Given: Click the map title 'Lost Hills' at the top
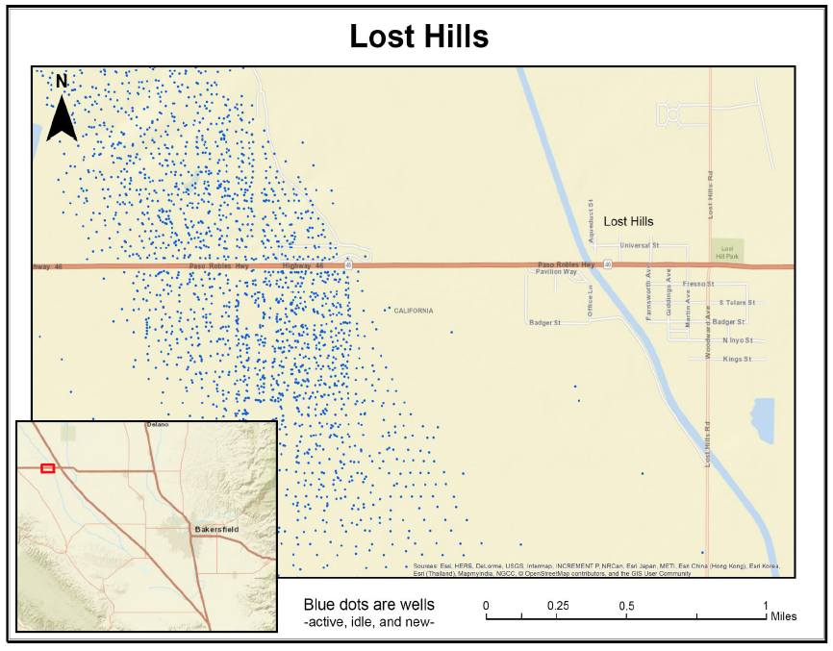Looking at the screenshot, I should coord(417,37).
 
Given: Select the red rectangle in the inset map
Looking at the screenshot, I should coord(48,468).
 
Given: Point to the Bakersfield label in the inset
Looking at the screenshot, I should coord(215,529).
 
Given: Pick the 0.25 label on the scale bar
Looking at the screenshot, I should coord(558,605).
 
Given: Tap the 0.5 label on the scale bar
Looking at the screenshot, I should coord(626,605).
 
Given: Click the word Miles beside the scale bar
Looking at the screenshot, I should coord(783,616).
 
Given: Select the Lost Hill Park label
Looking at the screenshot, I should coord(728,251).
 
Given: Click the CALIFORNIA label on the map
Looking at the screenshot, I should coord(414,311).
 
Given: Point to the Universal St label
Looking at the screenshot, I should coord(639,245).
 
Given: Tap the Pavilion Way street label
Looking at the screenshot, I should coord(556,272).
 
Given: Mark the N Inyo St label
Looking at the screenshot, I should coord(738,340).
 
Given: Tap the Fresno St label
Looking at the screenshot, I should coord(697,285).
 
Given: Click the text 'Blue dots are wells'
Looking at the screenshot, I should coord(368,605).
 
